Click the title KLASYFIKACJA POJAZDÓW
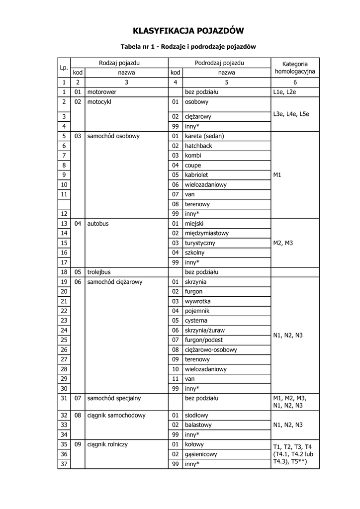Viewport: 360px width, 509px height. (x=188, y=31)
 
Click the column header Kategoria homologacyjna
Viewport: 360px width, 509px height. (x=295, y=68)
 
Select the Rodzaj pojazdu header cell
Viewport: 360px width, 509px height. (x=119, y=63)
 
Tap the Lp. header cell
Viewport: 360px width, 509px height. (x=64, y=68)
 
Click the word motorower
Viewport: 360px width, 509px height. (x=102, y=92)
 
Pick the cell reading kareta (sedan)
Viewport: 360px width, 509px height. (x=204, y=136)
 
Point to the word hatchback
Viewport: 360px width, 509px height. (x=199, y=146)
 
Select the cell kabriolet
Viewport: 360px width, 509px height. (x=196, y=175)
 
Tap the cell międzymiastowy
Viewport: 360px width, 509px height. (x=206, y=233)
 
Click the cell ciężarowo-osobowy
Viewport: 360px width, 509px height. (x=211, y=349)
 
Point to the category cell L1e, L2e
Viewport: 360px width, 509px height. (x=285, y=92)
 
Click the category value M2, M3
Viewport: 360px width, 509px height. (x=283, y=243)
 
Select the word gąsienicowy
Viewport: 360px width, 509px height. (x=201, y=454)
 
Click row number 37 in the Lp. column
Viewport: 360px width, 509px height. (x=64, y=464)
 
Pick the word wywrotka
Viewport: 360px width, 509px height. (x=198, y=301)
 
